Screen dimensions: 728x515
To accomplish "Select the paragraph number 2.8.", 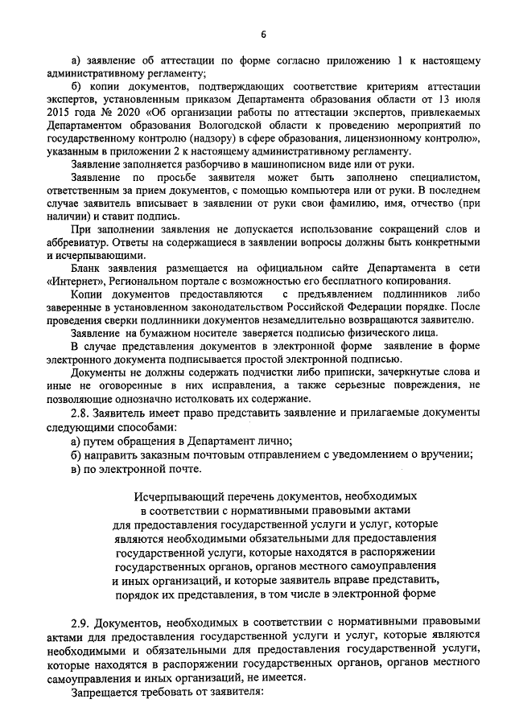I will point(82,412).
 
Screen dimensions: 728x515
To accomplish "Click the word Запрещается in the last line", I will point(105,691).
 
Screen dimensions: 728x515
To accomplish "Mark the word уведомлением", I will point(347,453).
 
